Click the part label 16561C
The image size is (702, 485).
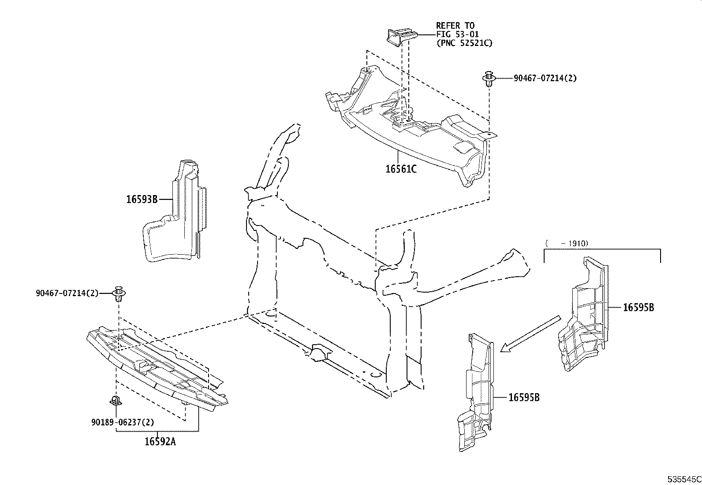401,169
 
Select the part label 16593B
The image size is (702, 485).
142,199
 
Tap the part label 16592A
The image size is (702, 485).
160,441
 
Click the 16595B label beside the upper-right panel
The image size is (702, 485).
638,308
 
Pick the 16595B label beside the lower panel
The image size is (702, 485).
524,398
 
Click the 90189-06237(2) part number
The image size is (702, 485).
123,422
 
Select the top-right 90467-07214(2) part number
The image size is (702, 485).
545,79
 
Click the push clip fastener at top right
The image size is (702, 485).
489,79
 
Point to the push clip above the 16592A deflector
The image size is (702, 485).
118,293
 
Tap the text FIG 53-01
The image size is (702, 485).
457,34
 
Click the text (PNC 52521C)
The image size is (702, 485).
464,43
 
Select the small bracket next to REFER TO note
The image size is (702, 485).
400,36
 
